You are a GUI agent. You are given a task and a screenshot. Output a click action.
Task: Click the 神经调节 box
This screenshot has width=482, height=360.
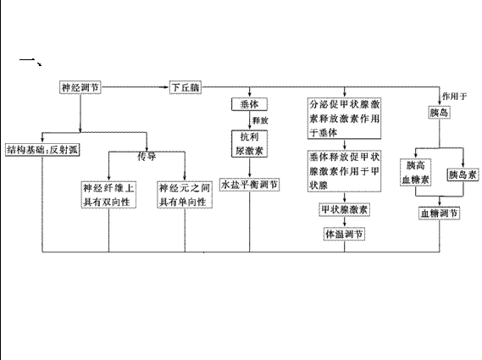click(80, 87)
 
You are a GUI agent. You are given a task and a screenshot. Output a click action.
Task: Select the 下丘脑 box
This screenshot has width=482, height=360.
click(186, 87)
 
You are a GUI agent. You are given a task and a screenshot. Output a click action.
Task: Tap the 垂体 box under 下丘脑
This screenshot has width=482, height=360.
click(249, 104)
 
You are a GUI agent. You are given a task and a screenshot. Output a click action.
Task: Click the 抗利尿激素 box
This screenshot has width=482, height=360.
click(249, 143)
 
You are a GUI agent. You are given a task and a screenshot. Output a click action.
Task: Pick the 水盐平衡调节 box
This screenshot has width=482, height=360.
click(249, 185)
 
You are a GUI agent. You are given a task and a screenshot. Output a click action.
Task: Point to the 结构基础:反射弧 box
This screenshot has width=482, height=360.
click(42, 150)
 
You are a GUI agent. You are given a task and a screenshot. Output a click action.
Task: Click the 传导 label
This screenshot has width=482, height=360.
click(147, 157)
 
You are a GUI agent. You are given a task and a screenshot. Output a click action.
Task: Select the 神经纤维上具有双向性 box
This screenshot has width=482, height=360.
click(108, 195)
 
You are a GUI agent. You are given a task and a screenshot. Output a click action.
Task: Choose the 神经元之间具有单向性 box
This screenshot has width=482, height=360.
click(185, 195)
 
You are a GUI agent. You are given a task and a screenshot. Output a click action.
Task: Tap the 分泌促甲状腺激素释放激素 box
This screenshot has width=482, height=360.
click(344, 119)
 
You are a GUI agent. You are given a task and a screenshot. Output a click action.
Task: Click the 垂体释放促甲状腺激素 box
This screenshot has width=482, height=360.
click(344, 171)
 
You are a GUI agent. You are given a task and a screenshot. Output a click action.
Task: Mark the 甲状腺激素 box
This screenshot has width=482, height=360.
click(344, 210)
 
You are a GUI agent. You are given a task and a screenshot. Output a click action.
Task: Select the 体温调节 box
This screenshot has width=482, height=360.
click(344, 235)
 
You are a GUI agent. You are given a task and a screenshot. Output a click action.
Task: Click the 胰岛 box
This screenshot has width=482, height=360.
click(440, 112)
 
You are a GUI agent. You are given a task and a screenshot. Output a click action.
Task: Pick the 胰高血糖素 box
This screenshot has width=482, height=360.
click(416, 172)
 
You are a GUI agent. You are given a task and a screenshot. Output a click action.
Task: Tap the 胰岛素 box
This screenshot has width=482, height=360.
click(463, 174)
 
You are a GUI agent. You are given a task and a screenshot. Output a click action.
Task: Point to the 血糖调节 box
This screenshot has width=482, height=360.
click(440, 213)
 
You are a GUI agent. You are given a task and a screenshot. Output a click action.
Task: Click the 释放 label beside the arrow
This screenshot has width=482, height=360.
click(260, 120)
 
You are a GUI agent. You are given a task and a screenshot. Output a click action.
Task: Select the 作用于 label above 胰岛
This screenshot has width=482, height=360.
click(454, 97)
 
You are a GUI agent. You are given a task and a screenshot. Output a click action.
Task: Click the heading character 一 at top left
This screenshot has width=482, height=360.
click(28, 59)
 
